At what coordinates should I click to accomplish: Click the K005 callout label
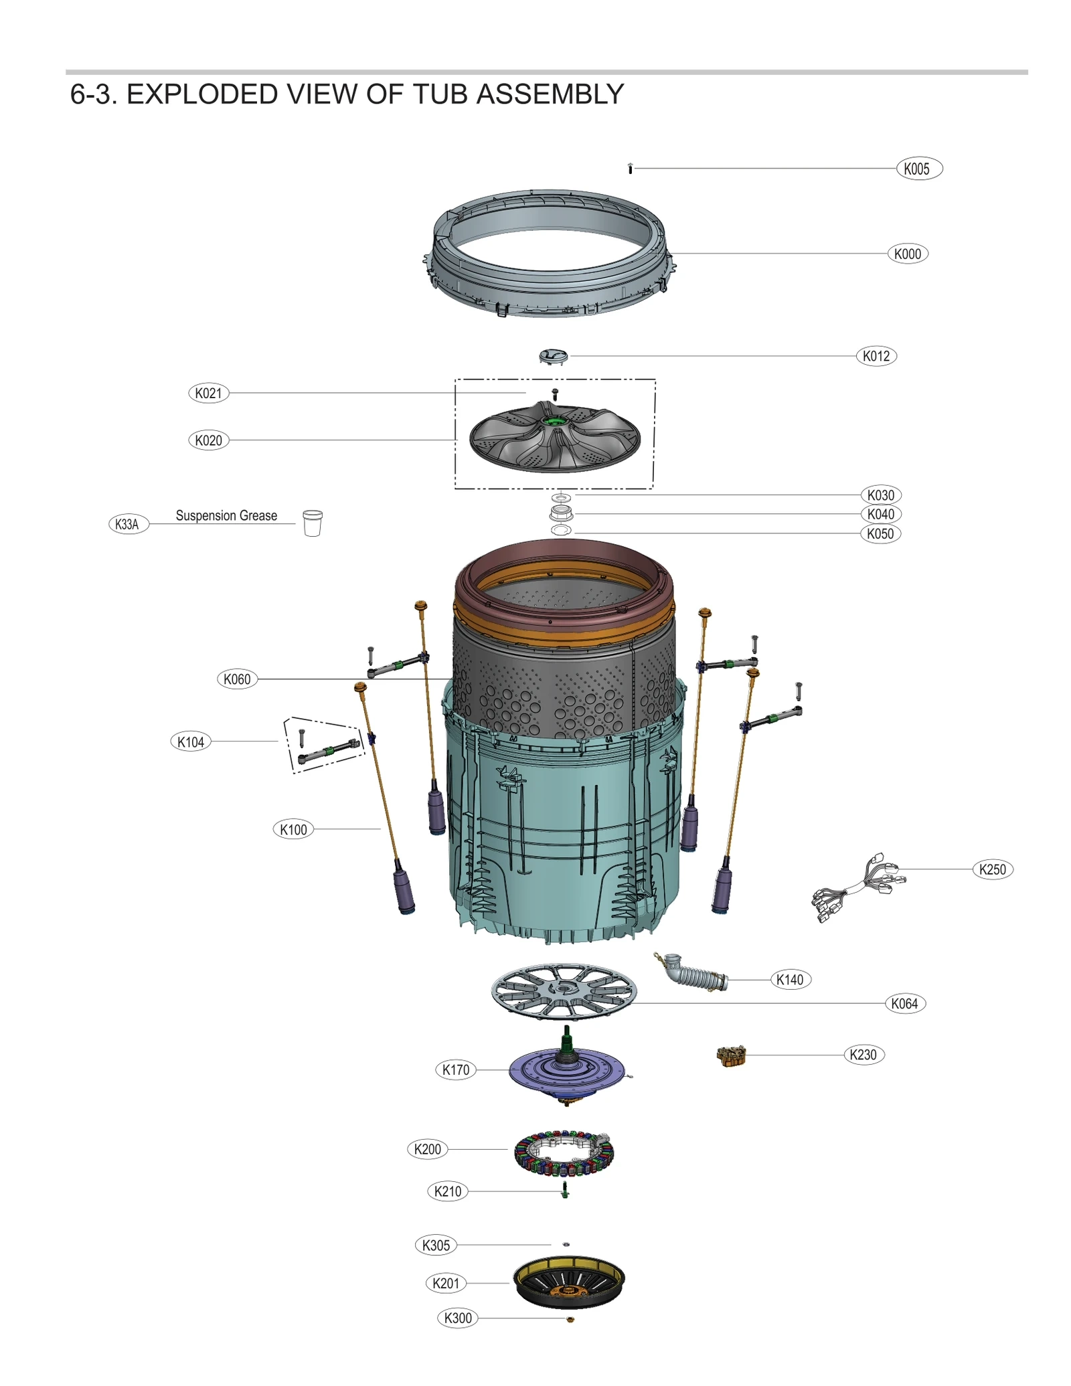coord(918,169)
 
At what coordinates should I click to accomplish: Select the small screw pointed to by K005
coord(630,169)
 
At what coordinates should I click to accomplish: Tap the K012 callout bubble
coord(876,356)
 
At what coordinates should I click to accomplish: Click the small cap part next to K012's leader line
coord(553,356)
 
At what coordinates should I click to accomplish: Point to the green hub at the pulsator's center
coord(554,420)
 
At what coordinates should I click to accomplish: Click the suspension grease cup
coord(312,523)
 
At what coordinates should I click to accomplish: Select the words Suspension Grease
coord(226,515)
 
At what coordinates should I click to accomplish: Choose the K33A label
coord(127,524)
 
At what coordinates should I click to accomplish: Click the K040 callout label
coord(880,514)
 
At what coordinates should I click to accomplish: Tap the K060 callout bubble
coord(237,679)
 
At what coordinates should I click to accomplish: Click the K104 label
coord(190,742)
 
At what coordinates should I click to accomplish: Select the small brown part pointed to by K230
coord(731,1057)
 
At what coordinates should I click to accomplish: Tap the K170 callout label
coord(455,1069)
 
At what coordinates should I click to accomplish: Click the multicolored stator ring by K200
coord(564,1153)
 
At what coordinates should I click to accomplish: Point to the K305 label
coord(436,1245)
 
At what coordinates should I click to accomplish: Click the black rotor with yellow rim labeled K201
coord(568,1282)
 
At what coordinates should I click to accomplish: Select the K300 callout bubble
coord(458,1318)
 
